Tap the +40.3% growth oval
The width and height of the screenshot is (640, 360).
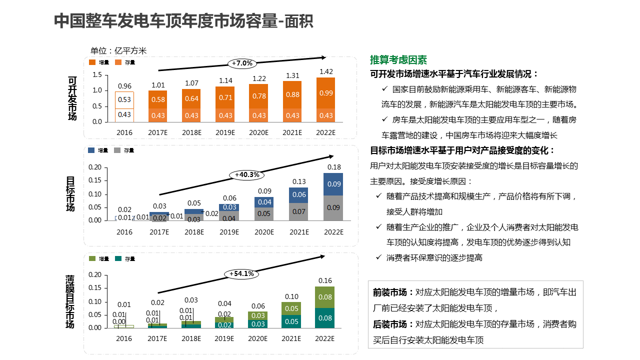coord(247,174)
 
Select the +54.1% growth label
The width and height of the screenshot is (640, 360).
coord(242,274)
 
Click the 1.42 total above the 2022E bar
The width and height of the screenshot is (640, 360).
coord(326,72)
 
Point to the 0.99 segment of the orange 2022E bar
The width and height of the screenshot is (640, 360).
coord(326,93)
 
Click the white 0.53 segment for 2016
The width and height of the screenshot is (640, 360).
coord(124,99)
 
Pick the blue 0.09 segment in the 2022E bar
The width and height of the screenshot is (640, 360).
coord(333,184)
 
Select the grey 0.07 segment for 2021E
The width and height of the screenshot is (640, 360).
coord(299,211)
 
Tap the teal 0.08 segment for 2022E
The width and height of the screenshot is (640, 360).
coord(325,318)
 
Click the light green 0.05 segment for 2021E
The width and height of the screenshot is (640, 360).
coord(291,308)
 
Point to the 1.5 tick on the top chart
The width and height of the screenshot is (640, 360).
coord(97,75)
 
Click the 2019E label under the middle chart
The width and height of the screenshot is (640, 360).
coord(229,232)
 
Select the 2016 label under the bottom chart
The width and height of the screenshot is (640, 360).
coord(124,338)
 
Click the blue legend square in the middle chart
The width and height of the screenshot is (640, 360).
coord(91,150)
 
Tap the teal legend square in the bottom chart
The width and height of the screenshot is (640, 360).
coord(118,258)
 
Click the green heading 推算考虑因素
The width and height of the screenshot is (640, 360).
coord(398,60)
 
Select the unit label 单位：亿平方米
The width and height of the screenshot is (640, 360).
coord(118,50)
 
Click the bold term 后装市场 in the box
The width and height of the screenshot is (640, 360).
coord(390,324)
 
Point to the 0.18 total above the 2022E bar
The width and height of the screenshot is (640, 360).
coord(334,167)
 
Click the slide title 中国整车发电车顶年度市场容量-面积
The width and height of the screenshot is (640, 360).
coord(183,21)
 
